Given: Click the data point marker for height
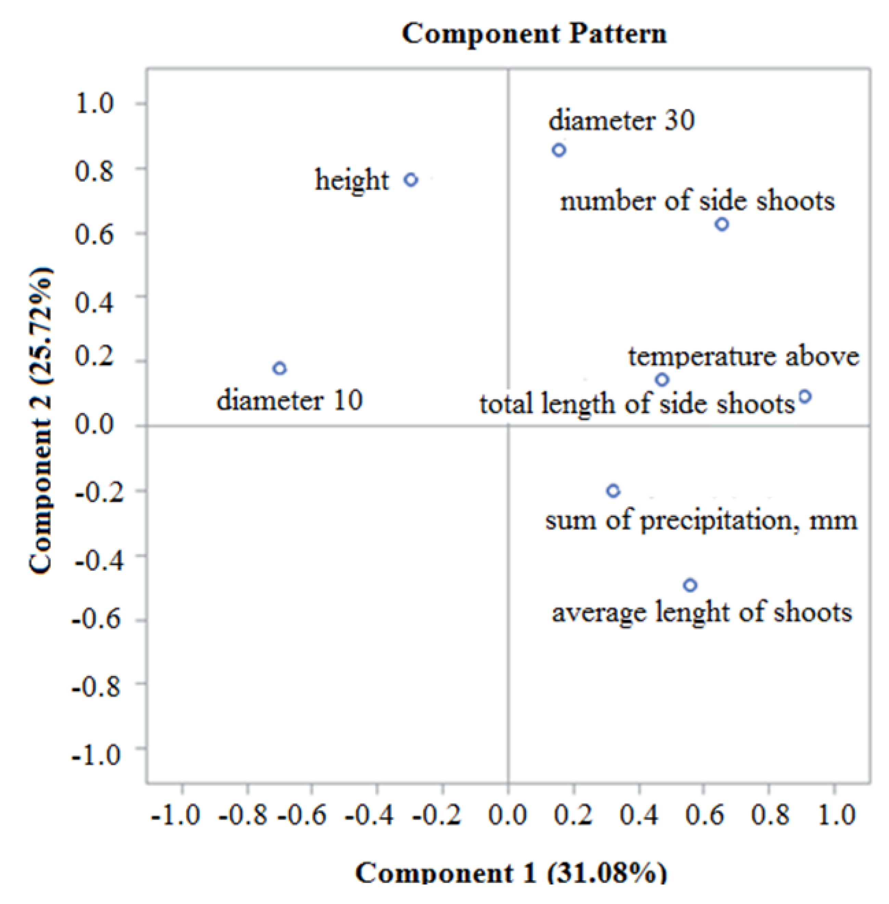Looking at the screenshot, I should pyautogui.click(x=411, y=180).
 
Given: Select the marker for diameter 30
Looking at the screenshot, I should pyautogui.click(x=559, y=150).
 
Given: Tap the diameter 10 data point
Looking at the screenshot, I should pyautogui.click(x=279, y=368).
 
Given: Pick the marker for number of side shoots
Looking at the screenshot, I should pyautogui.click(x=722, y=224).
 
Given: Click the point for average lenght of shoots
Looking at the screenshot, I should pyautogui.click(x=690, y=585).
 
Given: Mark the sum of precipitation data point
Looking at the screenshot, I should pyautogui.click(x=613, y=491).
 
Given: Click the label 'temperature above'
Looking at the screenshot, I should pyautogui.click(x=743, y=357).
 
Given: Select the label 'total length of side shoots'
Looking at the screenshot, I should pyautogui.click(x=637, y=404).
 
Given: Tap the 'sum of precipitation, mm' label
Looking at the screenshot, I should pyautogui.click(x=701, y=520).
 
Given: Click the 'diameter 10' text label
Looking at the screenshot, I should pyautogui.click(x=290, y=400).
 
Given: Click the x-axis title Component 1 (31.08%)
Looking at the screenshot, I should pyautogui.click(x=511, y=872).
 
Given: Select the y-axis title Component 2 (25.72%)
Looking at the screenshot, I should pyautogui.click(x=41, y=420).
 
